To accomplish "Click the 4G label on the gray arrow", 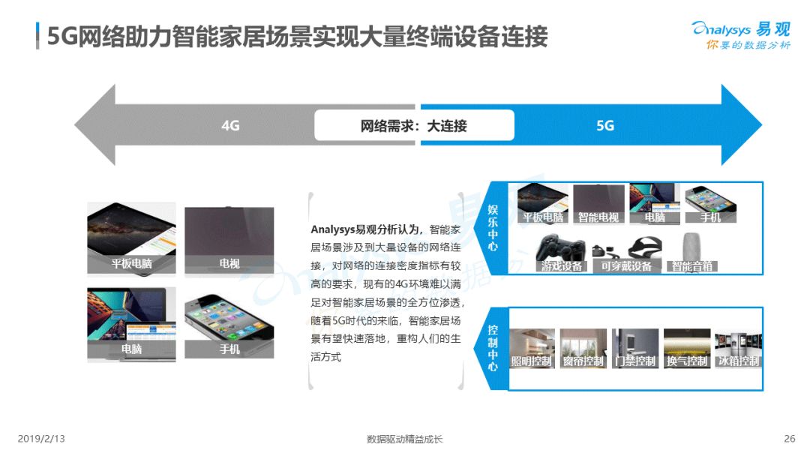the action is coord(230,125).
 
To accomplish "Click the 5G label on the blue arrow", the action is coord(605,125).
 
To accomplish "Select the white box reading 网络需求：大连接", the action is coord(414,125).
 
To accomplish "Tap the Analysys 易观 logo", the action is coord(742,35).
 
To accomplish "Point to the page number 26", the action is coord(789,439).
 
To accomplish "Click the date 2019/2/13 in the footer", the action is coord(41,439).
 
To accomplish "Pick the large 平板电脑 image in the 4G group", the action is coord(131,238).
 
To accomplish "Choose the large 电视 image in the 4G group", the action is coord(229,240).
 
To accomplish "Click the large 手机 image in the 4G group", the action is coord(229,325).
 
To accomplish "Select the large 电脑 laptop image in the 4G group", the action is coord(131,324).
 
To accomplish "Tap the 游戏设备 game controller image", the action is coord(561,253).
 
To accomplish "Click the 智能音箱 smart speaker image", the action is coord(692,252).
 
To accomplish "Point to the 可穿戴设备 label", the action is coord(626,266).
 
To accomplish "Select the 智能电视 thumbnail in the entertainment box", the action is coord(598,203).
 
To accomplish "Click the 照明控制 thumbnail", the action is coord(532,349).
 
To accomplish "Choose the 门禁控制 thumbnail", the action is coord(635,349).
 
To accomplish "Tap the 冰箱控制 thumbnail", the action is coord(738,349).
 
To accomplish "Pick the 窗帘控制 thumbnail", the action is coord(583,349).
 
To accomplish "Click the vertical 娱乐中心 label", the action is coord(493,228).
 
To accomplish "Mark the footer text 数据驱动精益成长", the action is coord(404,439).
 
